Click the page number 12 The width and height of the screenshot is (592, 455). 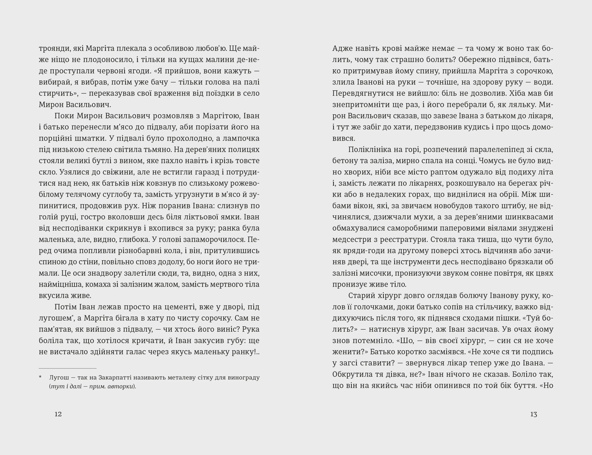point(58,414)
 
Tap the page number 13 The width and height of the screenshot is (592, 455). point(533,414)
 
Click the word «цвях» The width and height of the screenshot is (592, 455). point(544,273)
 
